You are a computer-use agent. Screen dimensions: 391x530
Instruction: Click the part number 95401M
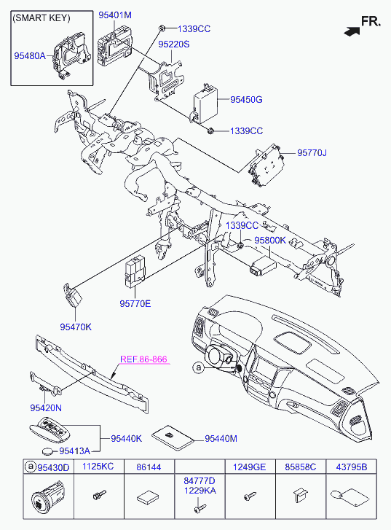(115, 15)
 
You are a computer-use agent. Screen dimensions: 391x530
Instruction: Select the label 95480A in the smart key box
(30, 56)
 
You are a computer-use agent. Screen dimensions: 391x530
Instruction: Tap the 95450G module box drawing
(205, 103)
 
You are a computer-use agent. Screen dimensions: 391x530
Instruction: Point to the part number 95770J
(312, 153)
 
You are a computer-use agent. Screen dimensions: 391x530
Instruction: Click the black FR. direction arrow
(352, 31)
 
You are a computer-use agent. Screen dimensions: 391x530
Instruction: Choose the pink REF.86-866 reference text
(144, 359)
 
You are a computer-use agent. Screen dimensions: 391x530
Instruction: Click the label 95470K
(76, 327)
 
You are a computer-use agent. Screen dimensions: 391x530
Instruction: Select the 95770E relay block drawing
(135, 272)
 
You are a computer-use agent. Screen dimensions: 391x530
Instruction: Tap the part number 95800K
(270, 241)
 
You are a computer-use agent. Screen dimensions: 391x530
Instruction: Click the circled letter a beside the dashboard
(199, 367)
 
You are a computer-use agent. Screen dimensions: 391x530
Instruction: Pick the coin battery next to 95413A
(48, 451)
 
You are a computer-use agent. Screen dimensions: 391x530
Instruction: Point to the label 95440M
(221, 438)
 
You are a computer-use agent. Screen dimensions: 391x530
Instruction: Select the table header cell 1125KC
(98, 467)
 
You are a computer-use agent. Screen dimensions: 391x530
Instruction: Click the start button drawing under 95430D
(47, 498)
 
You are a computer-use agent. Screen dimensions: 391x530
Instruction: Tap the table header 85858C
(301, 467)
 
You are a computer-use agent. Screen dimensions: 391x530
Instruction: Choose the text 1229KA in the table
(200, 491)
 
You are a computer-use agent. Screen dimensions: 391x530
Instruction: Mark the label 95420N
(46, 408)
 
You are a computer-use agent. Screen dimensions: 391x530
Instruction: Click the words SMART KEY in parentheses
(42, 18)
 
